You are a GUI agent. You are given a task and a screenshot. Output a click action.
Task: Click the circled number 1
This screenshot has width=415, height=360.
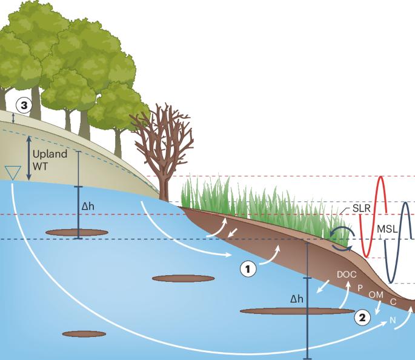click(x=247, y=268)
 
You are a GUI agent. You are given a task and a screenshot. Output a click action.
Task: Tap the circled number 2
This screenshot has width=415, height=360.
click(x=362, y=316)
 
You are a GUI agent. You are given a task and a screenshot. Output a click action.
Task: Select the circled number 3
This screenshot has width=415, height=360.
click(x=24, y=105)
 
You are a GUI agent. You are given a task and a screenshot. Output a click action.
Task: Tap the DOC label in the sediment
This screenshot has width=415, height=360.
click(x=346, y=275)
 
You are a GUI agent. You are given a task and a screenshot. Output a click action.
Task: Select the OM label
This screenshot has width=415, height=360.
click(x=376, y=295)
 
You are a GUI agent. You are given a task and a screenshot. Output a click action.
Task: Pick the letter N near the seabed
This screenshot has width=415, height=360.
click(x=393, y=320)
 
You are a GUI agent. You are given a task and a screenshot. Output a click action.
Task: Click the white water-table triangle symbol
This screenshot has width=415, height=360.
click(x=12, y=173)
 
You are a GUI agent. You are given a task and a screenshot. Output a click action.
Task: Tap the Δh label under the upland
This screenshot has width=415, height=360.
click(x=88, y=206)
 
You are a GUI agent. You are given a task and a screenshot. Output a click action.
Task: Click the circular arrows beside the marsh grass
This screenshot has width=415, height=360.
click(x=343, y=237)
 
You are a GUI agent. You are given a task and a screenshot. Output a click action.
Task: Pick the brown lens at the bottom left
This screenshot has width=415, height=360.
click(x=84, y=333)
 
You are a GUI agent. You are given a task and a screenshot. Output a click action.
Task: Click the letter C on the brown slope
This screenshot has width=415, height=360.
click(x=393, y=301)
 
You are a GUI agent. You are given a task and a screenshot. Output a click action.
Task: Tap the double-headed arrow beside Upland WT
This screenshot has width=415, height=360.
click(x=29, y=158)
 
